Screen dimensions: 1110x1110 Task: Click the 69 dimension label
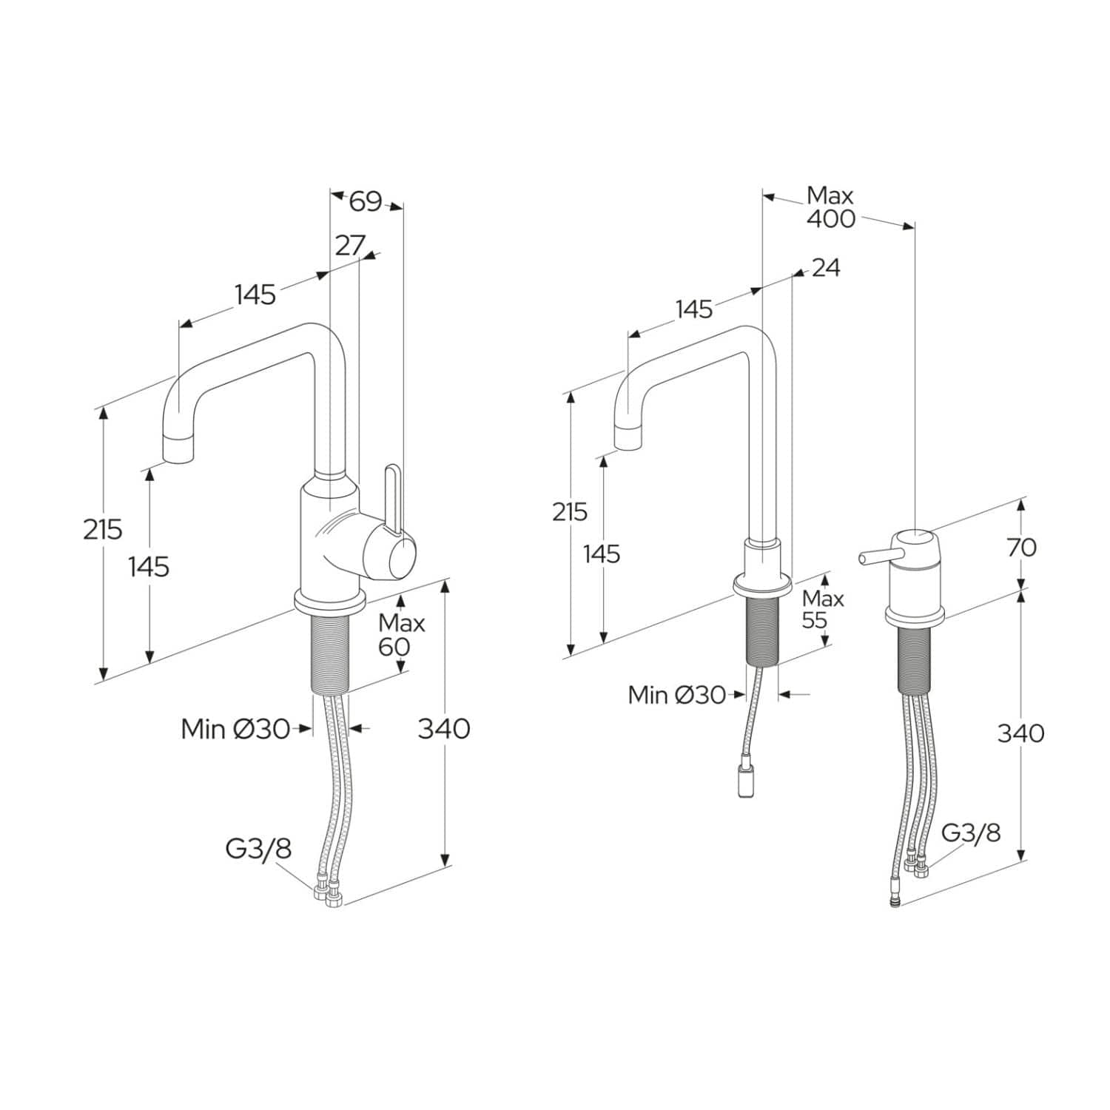coord(365,201)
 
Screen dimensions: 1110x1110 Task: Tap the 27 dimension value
coord(350,245)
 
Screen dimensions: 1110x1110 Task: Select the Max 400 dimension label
coord(830,207)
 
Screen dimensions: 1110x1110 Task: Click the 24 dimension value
coord(826,267)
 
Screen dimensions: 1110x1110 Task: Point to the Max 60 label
coord(401,635)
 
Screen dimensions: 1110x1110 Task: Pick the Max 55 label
coord(822,609)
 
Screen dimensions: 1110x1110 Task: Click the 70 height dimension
coord(1021,548)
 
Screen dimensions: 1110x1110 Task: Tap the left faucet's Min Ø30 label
coord(235,729)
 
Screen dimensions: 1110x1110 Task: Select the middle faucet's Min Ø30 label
coord(676,695)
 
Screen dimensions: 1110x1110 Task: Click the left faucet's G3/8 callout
coord(258,849)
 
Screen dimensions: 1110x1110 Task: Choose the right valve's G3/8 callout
coord(970,832)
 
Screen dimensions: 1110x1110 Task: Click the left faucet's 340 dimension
coord(444,729)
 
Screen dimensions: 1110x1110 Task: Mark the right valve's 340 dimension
coord(1021,733)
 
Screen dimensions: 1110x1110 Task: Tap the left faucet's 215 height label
coord(102,530)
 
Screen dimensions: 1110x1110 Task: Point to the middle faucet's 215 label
coord(570,511)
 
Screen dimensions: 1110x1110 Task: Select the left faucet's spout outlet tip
coord(178,449)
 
